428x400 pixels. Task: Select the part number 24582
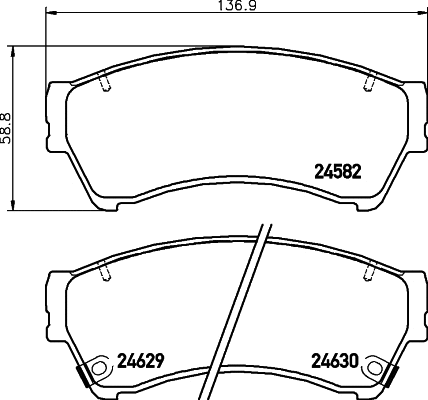click(337, 171)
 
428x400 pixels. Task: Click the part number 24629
click(142, 359)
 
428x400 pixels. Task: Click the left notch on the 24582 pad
click(105, 83)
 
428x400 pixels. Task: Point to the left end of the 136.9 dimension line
click(47, 17)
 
